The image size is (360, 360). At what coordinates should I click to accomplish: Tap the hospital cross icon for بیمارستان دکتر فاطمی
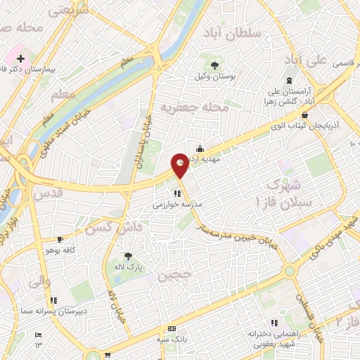tap(20, 56)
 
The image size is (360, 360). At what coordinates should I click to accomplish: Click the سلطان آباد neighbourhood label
tap(240, 34)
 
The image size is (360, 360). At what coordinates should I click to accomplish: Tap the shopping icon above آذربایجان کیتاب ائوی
tap(304, 114)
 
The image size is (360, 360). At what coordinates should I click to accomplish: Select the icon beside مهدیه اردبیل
tap(200, 148)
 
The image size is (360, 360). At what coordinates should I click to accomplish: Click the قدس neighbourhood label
tap(49, 192)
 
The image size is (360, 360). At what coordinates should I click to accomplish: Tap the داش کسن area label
tap(108, 226)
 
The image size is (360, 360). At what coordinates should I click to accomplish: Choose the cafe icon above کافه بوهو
tap(59, 239)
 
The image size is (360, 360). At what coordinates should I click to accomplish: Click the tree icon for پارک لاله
tap(127, 257)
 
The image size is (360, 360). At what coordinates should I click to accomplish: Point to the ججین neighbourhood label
tap(174, 276)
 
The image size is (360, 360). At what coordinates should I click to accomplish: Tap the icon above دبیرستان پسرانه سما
tap(53, 300)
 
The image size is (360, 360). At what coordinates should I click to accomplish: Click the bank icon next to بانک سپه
tap(172, 330)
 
